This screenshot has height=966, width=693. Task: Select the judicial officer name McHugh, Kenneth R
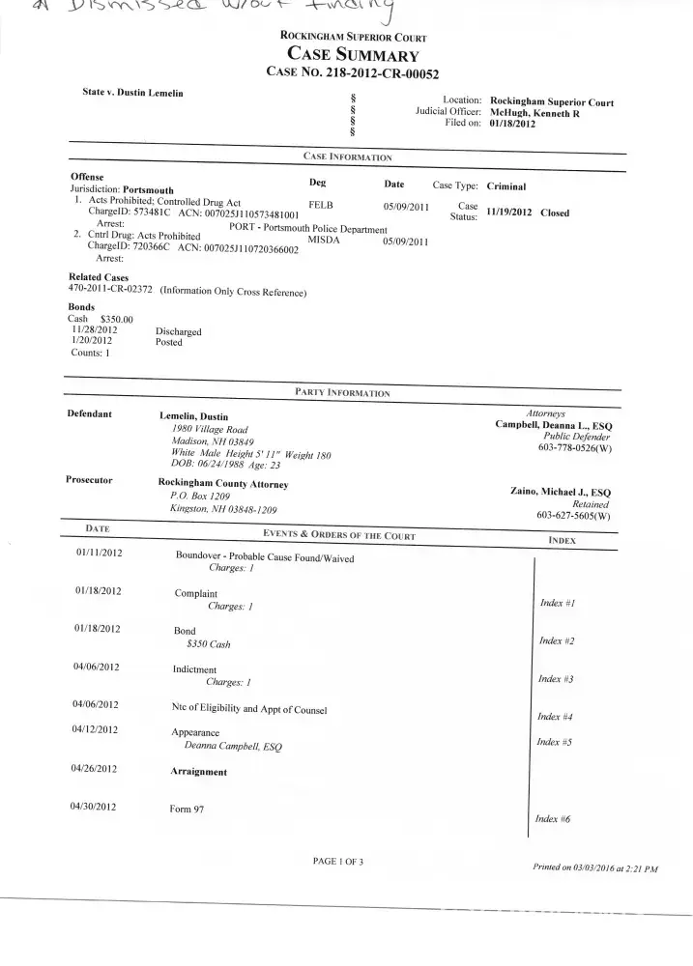[548, 112]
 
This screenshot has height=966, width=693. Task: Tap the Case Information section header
[347, 156]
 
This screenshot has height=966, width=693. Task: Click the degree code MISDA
[325, 240]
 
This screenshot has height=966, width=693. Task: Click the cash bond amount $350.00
[117, 319]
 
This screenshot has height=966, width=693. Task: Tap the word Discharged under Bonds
[178, 331]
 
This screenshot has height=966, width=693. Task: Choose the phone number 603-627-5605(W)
[574, 515]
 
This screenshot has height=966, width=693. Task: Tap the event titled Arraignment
[199, 772]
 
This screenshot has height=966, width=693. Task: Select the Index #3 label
[556, 679]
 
